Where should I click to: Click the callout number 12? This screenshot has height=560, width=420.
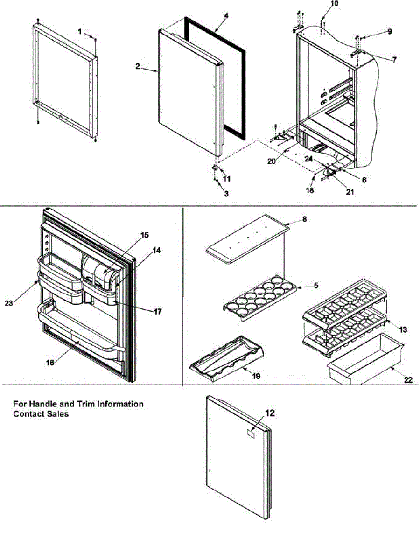[270, 413]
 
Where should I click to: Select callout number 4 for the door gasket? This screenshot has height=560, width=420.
[226, 16]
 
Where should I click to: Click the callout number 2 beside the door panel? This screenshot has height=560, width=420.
[138, 67]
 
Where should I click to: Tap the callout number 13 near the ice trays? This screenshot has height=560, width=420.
[403, 329]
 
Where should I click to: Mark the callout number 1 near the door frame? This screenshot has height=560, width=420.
[79, 31]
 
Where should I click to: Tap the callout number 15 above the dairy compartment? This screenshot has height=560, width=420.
[145, 235]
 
